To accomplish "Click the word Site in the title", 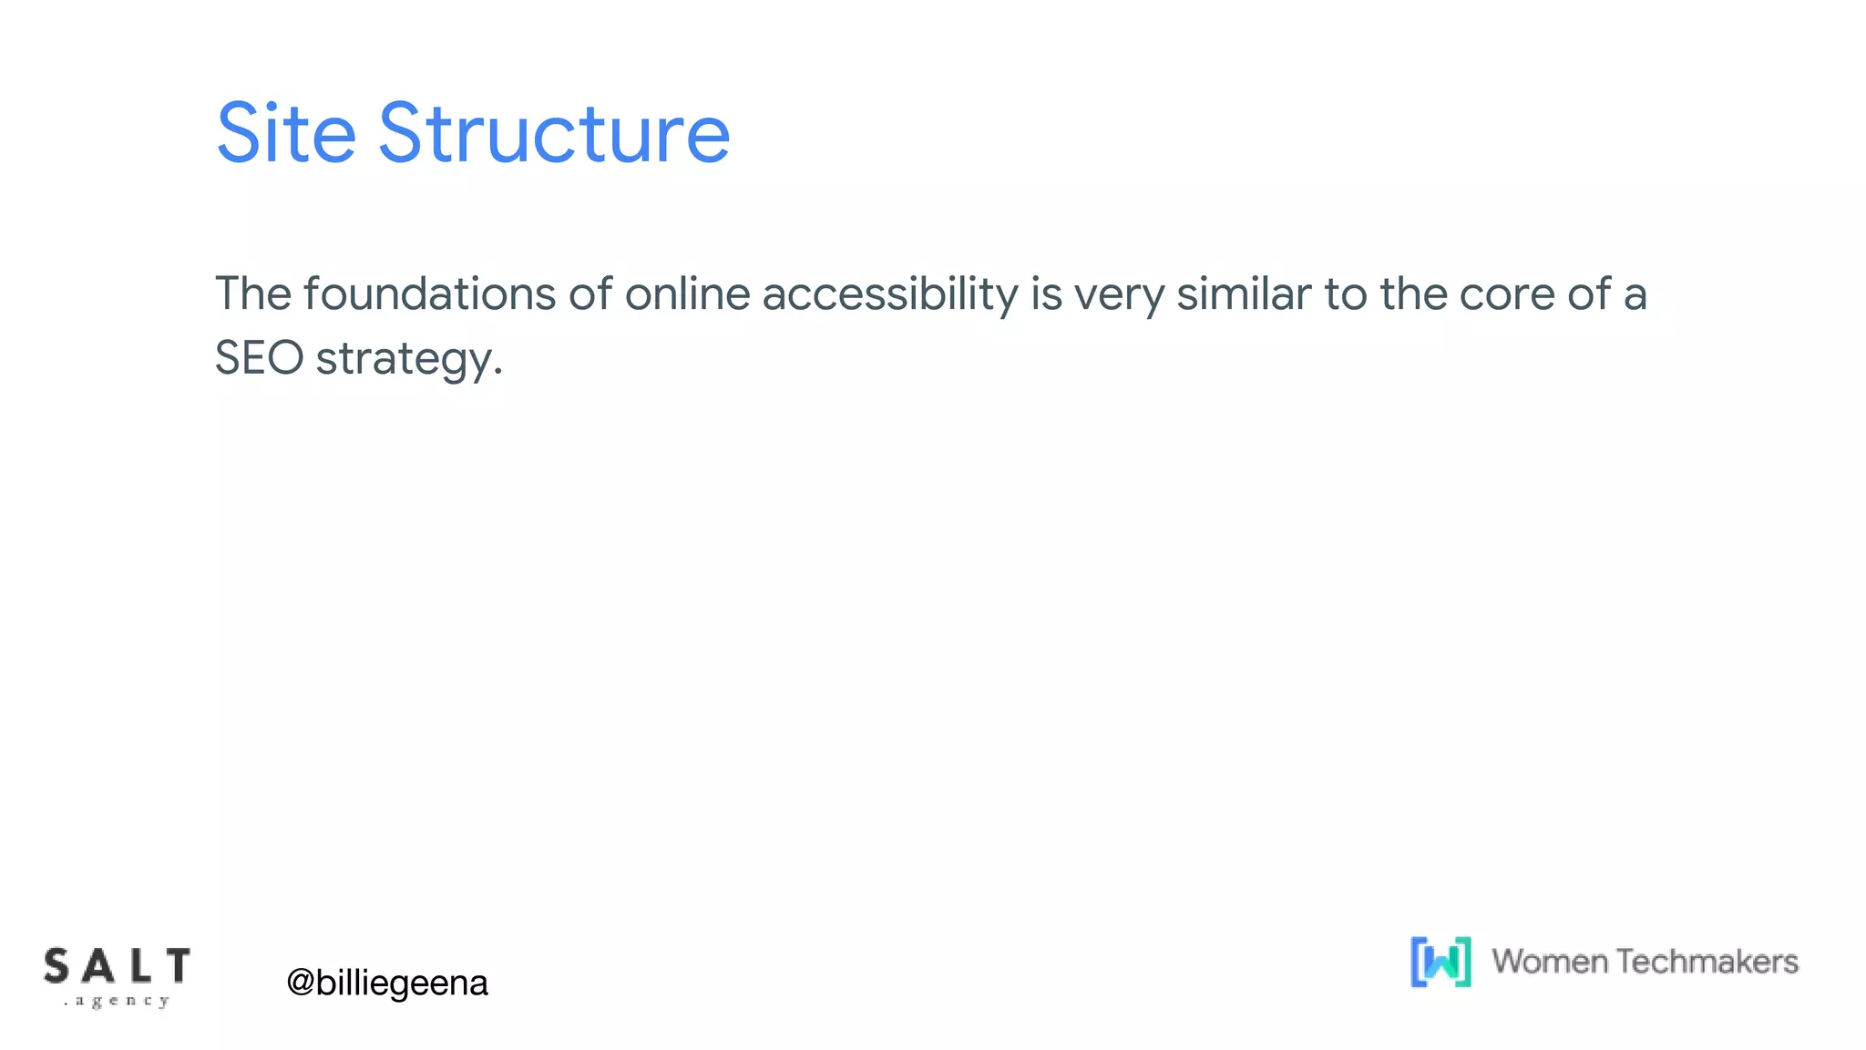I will pos(285,134).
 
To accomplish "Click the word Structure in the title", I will pos(554,134).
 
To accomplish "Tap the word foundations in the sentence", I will pos(429,294).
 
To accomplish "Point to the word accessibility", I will pos(889,294).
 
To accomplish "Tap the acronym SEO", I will pos(259,357).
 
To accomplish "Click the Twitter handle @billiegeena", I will pos(387,983).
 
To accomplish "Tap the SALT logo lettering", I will pos(117,966).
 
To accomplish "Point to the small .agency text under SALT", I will pos(117,1001).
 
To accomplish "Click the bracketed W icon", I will pos(1441,962).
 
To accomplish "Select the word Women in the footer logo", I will pos(1549,962).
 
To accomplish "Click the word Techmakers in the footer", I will pos(1707,962).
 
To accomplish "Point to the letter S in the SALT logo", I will pos(56,966).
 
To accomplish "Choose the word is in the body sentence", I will pos(1046,294).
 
